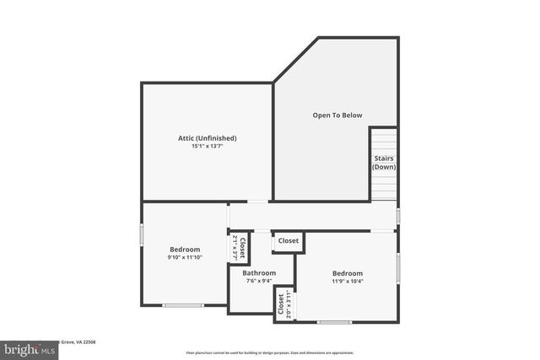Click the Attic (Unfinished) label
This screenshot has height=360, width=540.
[x=207, y=137]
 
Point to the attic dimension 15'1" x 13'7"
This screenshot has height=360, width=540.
[x=207, y=146]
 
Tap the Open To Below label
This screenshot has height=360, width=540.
[x=337, y=116]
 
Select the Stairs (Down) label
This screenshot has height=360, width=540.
[x=384, y=163]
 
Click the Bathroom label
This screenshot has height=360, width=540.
[x=259, y=273]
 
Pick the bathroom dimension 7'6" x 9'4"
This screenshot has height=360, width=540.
[x=259, y=282]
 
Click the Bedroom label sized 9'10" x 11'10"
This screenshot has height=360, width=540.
[x=185, y=250]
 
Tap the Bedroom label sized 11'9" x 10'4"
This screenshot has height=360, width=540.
[x=347, y=273]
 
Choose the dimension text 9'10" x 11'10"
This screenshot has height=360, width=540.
[x=185, y=258]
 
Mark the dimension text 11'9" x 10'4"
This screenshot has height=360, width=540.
[x=347, y=282]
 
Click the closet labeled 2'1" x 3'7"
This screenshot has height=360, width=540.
[x=239, y=247]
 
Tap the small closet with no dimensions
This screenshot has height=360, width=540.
[x=288, y=241]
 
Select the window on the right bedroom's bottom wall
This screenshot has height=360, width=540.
[x=334, y=322]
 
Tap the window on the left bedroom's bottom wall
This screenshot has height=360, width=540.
[x=183, y=305]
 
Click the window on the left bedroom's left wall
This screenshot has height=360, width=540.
[x=142, y=234]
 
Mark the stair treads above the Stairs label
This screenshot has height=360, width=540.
[x=383, y=139]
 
